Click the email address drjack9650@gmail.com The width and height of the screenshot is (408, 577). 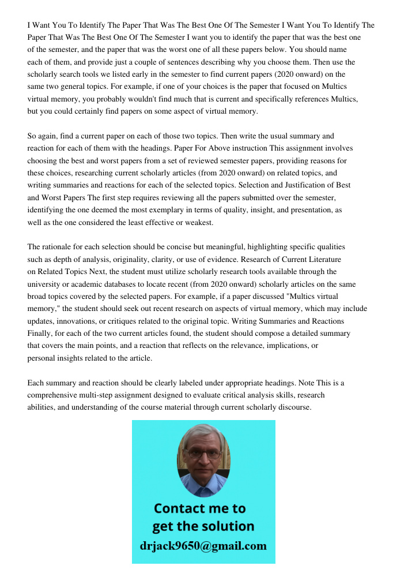(203, 546)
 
